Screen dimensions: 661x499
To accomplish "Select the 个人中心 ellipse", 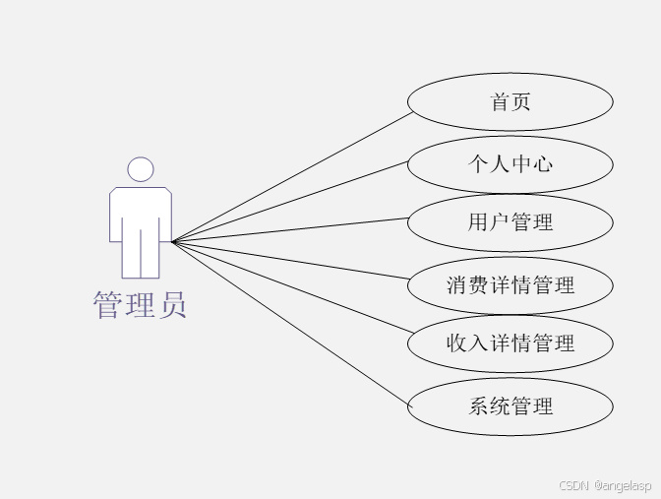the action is coord(511,163).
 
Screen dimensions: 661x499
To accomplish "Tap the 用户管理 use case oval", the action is coord(511,222).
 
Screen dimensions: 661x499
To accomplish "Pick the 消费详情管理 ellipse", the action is coord(511,285).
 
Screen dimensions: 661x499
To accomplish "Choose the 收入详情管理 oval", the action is coord(511,343).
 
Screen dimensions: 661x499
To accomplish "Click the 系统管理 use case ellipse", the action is coord(511,405).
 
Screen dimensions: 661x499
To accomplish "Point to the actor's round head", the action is coord(141,169).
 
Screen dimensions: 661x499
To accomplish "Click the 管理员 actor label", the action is coord(140,305).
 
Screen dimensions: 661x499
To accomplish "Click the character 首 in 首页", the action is coord(500,101).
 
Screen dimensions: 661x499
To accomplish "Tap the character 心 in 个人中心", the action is coord(542,163).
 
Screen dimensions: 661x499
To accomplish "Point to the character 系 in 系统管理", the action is coord(479,405).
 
